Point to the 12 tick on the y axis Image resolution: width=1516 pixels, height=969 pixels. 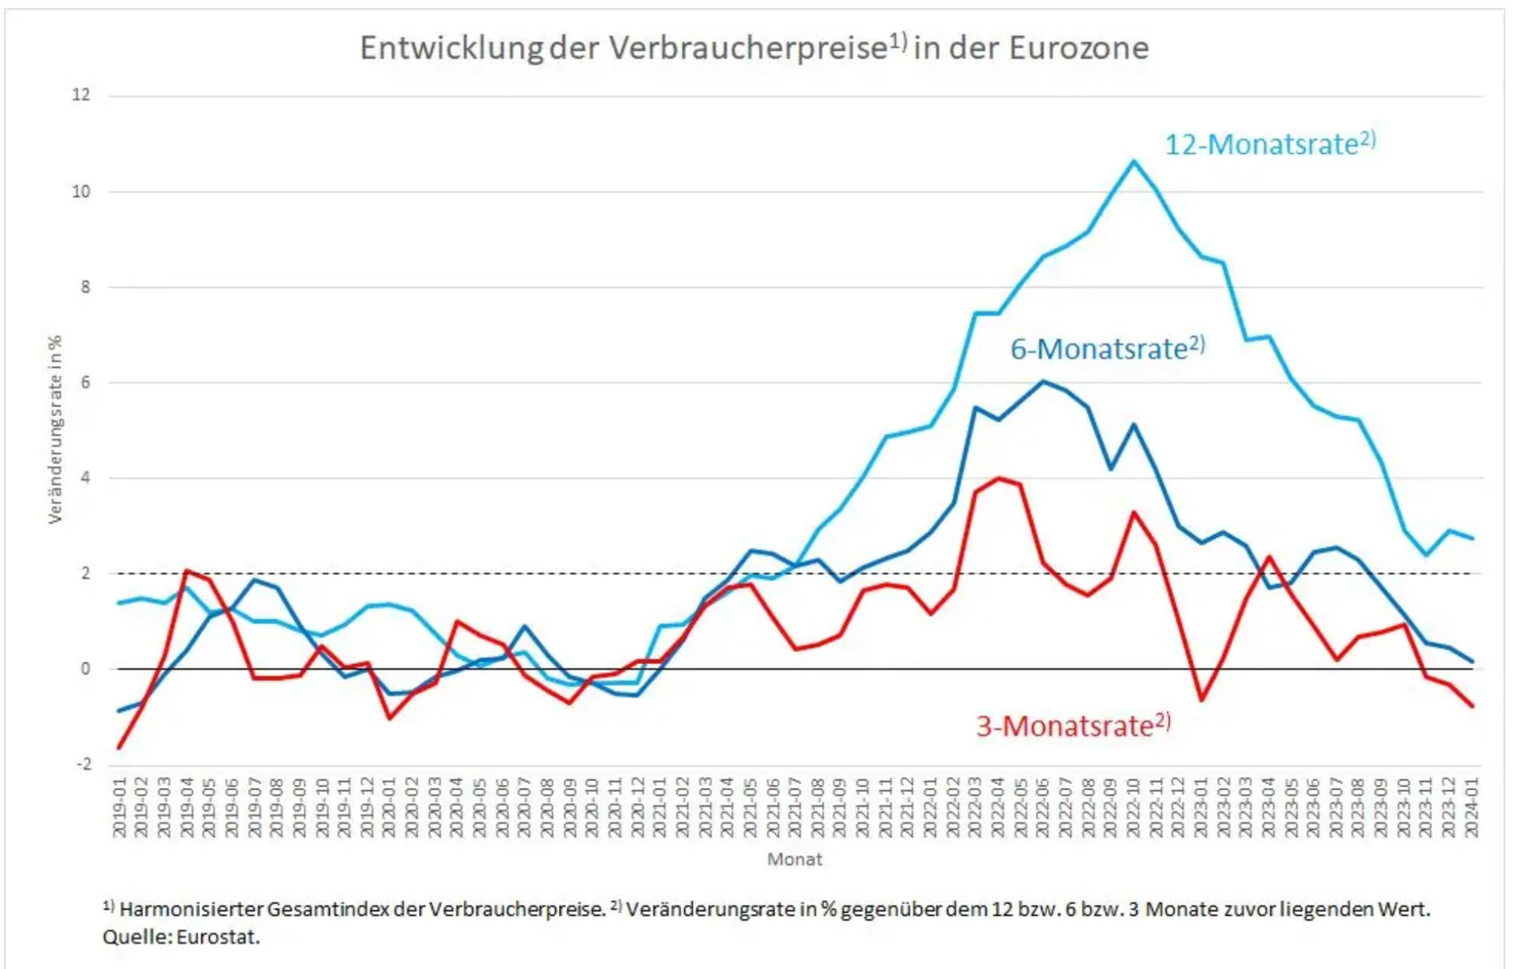click(81, 95)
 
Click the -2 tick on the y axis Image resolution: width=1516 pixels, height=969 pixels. click(83, 765)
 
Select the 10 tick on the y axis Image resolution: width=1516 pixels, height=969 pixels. click(81, 192)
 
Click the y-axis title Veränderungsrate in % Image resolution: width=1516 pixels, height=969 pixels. click(55, 429)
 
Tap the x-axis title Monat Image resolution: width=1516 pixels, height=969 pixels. click(795, 859)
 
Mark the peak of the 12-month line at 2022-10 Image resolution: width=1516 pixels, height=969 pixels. click(1133, 161)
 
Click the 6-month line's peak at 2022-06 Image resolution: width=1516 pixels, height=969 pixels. click(1043, 382)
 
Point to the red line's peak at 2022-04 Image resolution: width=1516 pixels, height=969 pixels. click(998, 479)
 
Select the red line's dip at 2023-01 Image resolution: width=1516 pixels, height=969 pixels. click(1201, 700)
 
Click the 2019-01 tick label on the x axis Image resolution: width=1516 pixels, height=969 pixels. click(119, 807)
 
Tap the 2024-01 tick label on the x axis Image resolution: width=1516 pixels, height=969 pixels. click(1471, 807)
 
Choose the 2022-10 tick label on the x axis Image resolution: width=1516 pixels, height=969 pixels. click(1133, 807)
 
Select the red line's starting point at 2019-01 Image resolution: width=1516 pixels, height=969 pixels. click(119, 747)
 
